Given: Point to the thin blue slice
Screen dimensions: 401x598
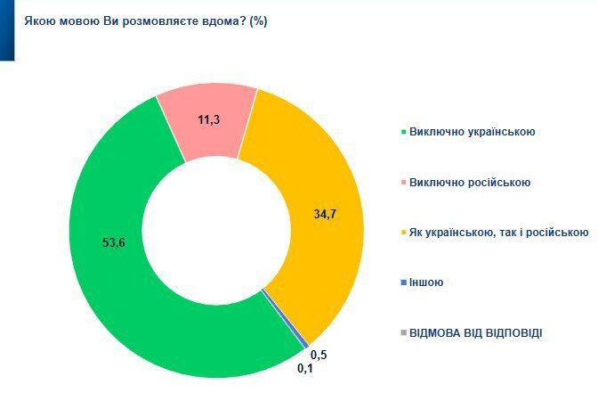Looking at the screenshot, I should coord(305,344).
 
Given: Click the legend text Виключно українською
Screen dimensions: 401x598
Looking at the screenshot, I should coord(471,133).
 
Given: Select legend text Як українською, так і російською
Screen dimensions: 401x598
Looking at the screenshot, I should coord(498,233).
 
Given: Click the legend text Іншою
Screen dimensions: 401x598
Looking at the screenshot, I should coord(426,282).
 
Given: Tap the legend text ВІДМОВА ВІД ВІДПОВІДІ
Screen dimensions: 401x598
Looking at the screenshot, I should coord(475,332).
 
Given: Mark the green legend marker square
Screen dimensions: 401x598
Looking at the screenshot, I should coord(404,133).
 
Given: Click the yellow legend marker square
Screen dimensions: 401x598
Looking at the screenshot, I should coord(404,233).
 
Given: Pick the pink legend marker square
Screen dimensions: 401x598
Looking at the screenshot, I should coord(404,184).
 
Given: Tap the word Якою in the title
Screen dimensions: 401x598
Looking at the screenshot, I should coord(38,20).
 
